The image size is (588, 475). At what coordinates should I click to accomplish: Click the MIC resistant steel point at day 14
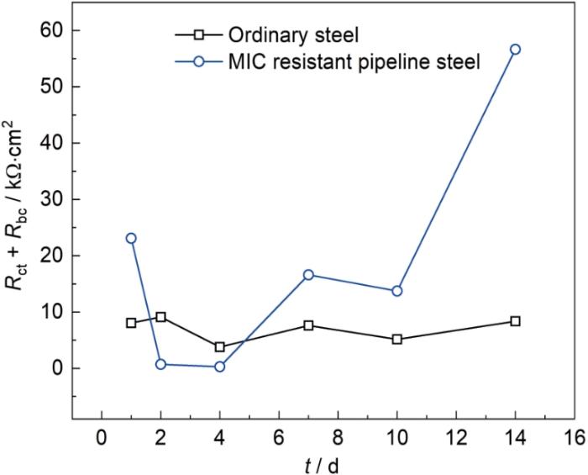pos(515,50)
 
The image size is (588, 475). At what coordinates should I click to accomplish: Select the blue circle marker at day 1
pos(131,238)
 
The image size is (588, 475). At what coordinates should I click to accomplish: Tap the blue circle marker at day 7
pos(308,275)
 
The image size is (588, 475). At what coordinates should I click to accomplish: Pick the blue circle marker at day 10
pos(396,291)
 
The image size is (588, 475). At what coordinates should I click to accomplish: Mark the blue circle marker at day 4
pos(219,367)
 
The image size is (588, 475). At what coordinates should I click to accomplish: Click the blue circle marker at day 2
pos(160,364)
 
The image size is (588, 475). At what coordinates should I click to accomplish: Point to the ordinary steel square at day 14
pos(515,321)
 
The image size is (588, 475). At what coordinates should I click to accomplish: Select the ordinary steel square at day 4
pos(219,346)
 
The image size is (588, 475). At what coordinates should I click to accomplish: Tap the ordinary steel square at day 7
pos(308,325)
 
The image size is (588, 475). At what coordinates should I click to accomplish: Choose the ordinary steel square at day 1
pos(131,323)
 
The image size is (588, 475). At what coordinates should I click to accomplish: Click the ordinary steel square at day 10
pos(396,339)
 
